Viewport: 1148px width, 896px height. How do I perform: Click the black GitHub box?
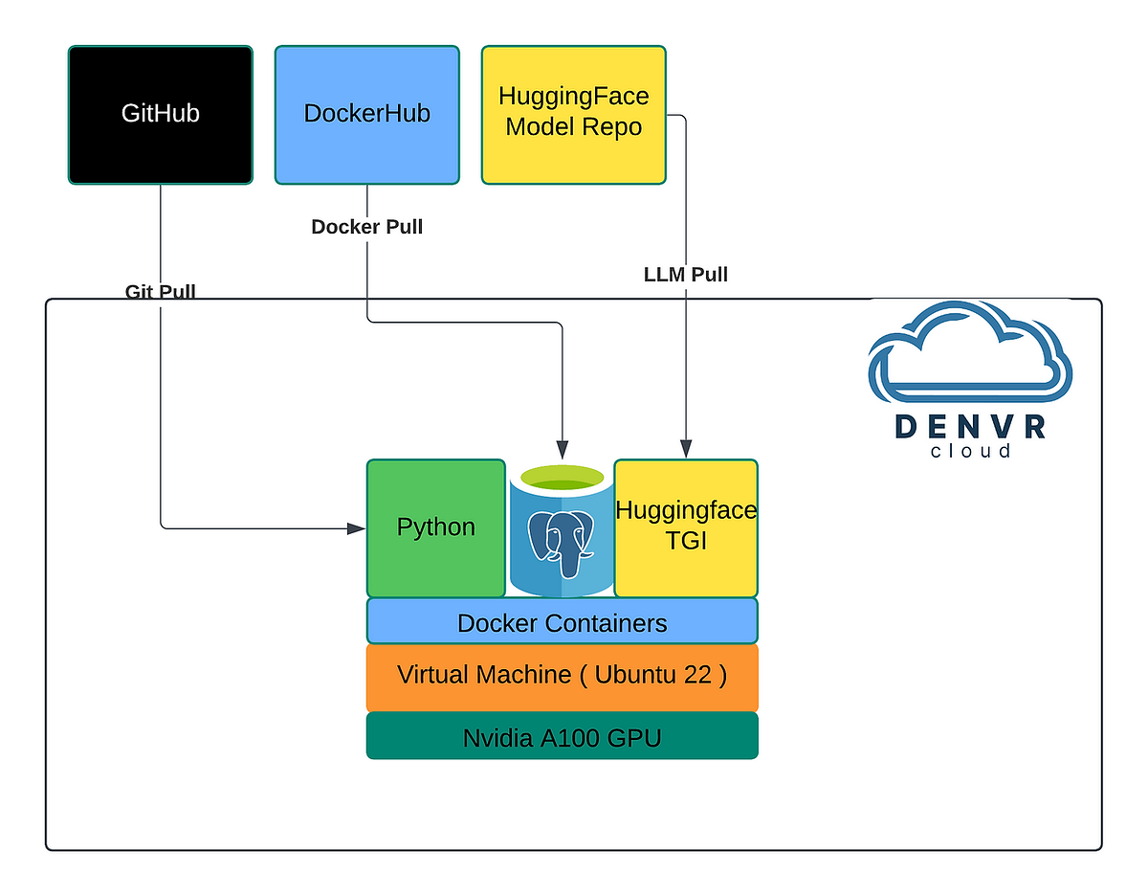160,114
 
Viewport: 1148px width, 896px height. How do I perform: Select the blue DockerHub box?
366,114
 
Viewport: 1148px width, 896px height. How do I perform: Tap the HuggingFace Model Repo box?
573,114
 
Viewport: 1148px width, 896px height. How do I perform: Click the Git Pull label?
160,291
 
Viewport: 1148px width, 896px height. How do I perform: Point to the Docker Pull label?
366,227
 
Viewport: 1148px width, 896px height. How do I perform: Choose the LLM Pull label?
685,275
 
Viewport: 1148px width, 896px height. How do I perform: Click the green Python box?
435,527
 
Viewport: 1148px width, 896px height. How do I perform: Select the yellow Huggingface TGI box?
685,527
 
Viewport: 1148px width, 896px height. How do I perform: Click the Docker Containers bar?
562,622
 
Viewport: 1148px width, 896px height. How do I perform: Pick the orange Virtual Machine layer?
562,676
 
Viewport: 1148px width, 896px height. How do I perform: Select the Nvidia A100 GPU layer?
562,737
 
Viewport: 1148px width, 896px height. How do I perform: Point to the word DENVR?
969,427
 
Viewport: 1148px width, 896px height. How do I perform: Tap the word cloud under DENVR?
969,451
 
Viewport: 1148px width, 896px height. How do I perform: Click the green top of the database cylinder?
562,476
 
